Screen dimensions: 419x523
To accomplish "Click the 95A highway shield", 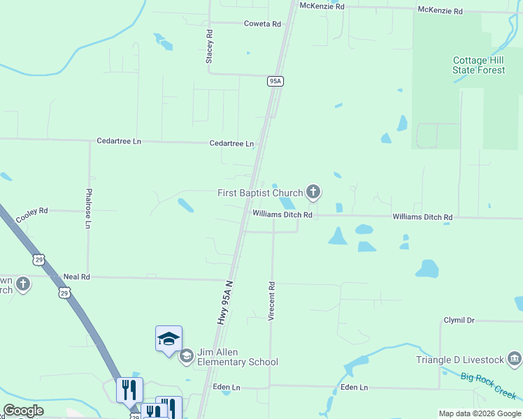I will click(275, 82).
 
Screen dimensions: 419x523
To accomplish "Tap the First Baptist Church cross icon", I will click(313, 191).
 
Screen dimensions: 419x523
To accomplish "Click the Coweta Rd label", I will click(262, 24).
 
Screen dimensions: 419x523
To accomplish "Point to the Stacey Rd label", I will click(209, 47).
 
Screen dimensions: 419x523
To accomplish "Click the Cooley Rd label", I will click(31, 210).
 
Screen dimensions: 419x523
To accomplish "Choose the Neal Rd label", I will click(77, 277).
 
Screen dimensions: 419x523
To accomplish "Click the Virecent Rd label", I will click(272, 301).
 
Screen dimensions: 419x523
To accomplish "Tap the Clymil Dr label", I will click(459, 320).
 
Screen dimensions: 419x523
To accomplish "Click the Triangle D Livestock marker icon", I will click(515, 359).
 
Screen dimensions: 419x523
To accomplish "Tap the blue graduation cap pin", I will click(169, 339).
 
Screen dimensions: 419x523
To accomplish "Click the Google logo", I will click(23, 411).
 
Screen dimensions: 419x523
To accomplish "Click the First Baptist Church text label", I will click(259, 193).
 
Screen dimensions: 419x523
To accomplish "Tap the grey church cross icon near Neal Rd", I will click(23, 284).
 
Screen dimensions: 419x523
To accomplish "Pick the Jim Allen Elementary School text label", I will click(238, 357).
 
